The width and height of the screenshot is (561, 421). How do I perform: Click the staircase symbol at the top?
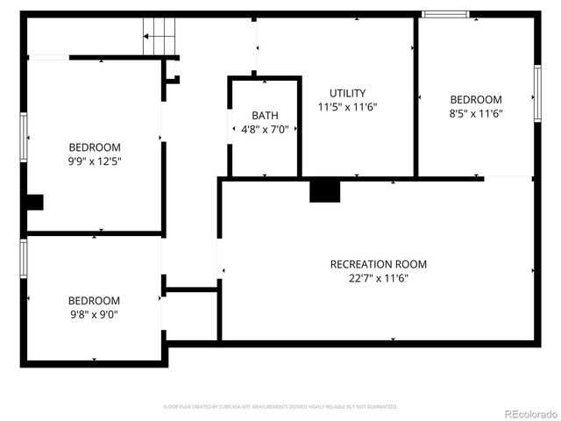pos(160,38)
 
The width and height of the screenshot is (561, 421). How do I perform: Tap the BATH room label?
pos(265,116)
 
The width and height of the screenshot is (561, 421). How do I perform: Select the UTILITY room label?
pos(347,93)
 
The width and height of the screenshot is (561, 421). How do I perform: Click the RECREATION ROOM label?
pos(378,264)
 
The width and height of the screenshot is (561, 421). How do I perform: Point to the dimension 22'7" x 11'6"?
pos(378,278)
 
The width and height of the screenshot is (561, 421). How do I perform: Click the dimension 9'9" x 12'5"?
pos(95,161)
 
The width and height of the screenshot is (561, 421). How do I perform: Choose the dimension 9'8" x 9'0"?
pos(94,314)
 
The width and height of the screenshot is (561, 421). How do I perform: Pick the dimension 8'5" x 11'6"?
pos(476,113)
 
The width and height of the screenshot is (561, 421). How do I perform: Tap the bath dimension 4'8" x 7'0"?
pos(265,130)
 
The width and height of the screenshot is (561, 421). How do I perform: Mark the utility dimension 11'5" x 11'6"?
pos(347,107)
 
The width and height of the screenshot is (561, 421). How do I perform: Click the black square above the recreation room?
pos(324,190)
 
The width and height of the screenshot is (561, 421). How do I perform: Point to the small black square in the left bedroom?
pos(34,203)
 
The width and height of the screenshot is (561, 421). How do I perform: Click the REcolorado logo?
pos(529,413)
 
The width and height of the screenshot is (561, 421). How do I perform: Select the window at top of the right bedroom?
pos(444,14)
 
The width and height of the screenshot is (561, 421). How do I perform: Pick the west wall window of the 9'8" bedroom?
pos(24,258)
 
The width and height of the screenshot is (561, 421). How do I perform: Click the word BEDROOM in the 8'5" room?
pos(476,100)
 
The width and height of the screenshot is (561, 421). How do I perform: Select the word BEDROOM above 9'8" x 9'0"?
pos(94,300)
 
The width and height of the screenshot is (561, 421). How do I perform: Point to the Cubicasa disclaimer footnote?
pos(280,407)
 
